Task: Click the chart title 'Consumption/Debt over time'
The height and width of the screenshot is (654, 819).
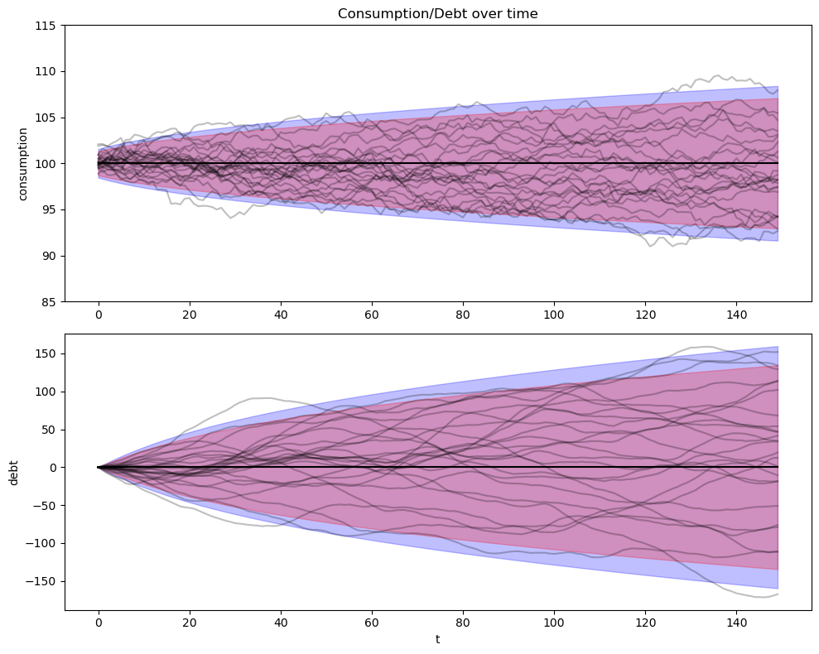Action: pyautogui.click(x=437, y=13)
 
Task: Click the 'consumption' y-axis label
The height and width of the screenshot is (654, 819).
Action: pyautogui.click(x=23, y=163)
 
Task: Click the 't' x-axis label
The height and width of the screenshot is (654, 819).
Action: pyautogui.click(x=437, y=639)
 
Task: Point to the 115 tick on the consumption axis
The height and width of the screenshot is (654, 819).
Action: pyautogui.click(x=46, y=26)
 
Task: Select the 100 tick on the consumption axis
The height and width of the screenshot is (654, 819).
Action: pyautogui.click(x=46, y=163)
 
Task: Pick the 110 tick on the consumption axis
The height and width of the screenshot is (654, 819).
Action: pyautogui.click(x=46, y=71)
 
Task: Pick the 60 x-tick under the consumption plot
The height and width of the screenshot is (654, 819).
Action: pyautogui.click(x=372, y=315)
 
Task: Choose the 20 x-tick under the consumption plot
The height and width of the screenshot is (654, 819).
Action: pyautogui.click(x=190, y=315)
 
